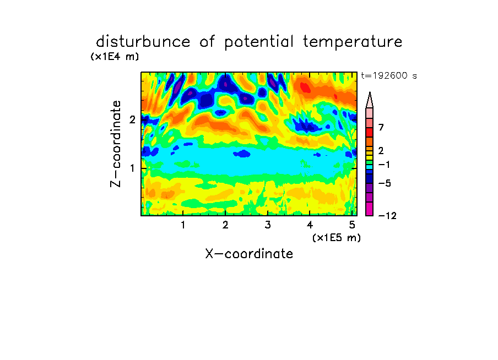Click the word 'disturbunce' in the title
pos(143,41)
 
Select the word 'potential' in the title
pos(259,42)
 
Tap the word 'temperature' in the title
pos(353,42)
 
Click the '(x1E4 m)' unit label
pos(115,57)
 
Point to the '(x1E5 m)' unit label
pos(337,237)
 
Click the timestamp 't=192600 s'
pos(389,75)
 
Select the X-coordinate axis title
pos(249,254)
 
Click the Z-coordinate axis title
pos(116,144)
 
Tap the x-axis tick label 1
pos(183,225)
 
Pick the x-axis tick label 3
pos(268,225)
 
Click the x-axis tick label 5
pos(352,225)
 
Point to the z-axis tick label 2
pos(132,119)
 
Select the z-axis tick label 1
pos(132,168)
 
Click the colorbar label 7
pos(381,128)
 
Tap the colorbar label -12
pos(387,216)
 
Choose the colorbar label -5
pos(385,183)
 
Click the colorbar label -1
pos(384,165)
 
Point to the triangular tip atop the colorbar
pos(370,92)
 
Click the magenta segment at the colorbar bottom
pos(370,209)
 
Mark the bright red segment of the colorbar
pos(370,132)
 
